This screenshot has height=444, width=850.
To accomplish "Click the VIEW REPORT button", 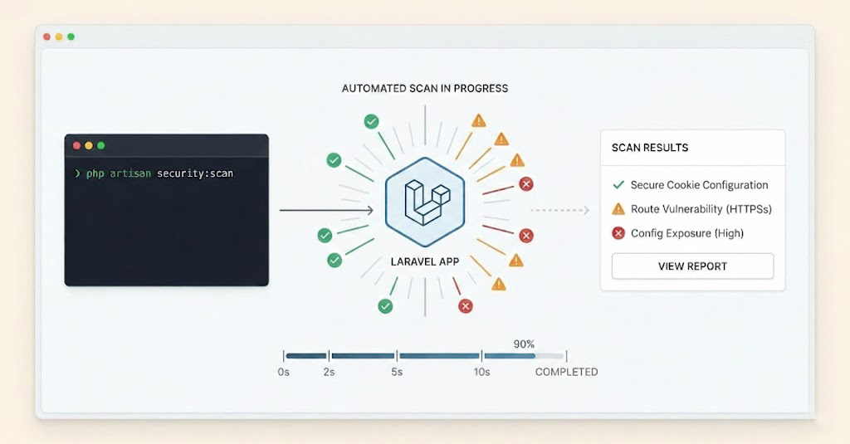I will point(692,266).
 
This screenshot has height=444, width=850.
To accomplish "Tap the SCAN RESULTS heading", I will point(650,148).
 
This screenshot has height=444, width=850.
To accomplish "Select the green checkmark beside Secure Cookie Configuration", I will point(618,185).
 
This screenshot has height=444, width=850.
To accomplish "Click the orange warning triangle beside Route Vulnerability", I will point(618,209).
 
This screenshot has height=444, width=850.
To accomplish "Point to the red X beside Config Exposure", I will point(618,233).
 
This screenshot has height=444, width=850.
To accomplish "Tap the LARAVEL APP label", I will point(425,261).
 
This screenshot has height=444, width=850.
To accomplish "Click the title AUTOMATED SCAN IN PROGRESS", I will point(425,88).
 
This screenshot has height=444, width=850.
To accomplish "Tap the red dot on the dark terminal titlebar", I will point(77,145).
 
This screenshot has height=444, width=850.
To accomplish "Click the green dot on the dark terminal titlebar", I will point(101,145).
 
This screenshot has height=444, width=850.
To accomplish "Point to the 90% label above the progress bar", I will point(524,344).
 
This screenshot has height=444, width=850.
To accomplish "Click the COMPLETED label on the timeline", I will point(566,372).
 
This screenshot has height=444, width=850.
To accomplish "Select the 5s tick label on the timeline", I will point(397,372).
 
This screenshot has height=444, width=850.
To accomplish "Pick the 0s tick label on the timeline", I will point(284,372).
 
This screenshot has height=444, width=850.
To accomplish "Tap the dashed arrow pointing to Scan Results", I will point(560,211).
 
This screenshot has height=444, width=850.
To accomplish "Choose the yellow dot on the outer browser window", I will point(59,37).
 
